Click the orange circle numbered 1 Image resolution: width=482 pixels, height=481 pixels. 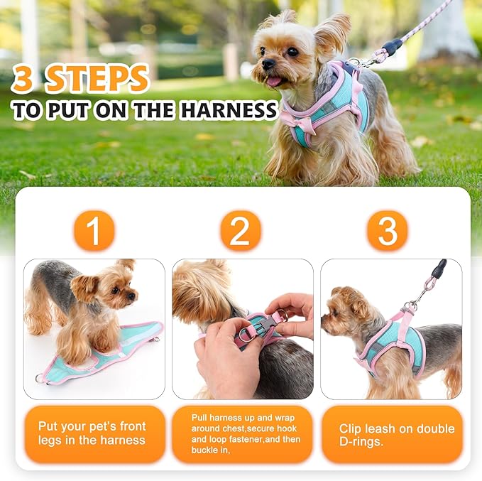[x=93, y=231]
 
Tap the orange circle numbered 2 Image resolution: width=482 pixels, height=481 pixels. [x=241, y=231]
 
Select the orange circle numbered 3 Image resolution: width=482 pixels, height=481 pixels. [x=388, y=231]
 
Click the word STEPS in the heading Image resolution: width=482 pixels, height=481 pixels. [x=97, y=79]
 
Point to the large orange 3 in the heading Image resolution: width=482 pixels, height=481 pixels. [x=23, y=80]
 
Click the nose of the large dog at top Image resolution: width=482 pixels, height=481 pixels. [x=268, y=64]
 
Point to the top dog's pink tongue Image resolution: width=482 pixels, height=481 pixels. [x=273, y=82]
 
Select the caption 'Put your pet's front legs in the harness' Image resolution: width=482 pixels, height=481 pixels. [x=92, y=433]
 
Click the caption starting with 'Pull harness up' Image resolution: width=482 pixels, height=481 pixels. [x=241, y=434]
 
